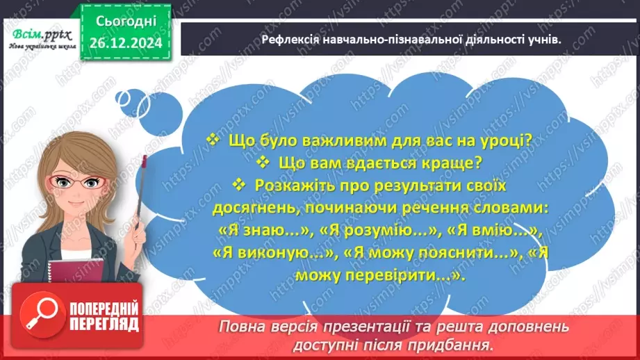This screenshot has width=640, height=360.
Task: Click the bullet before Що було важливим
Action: point(213,140)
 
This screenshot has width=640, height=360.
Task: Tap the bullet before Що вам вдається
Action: point(262,163)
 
